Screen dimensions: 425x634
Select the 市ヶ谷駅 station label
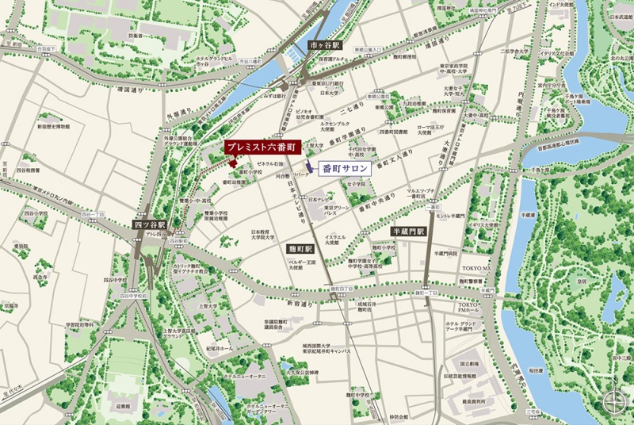pyautogui.click(x=323, y=45)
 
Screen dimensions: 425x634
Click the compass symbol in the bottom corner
pyautogui.click(x=613, y=402)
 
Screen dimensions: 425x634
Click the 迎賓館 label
pyautogui.click(x=122, y=404)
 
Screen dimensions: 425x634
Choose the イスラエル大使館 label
pyautogui.click(x=334, y=240)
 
